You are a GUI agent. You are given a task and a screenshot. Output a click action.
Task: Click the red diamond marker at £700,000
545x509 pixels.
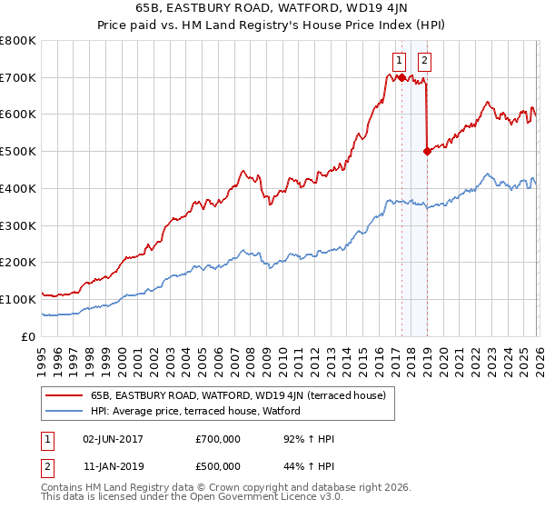point(401,78)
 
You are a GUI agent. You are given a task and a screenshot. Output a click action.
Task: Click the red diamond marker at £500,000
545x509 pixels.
point(427,152)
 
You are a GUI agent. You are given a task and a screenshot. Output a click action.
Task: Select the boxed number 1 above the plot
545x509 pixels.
point(399,61)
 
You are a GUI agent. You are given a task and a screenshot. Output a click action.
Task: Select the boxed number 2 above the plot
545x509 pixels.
point(424,61)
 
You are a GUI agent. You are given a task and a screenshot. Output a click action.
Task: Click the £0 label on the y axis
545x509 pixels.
point(27,336)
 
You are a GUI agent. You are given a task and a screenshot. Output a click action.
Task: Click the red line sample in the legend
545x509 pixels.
point(64,395)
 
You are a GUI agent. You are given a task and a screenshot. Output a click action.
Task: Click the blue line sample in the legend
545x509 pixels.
point(64,411)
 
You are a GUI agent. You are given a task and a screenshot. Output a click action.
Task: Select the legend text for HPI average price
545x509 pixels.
point(201,411)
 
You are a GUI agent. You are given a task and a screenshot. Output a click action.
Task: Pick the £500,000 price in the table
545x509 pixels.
point(218,466)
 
